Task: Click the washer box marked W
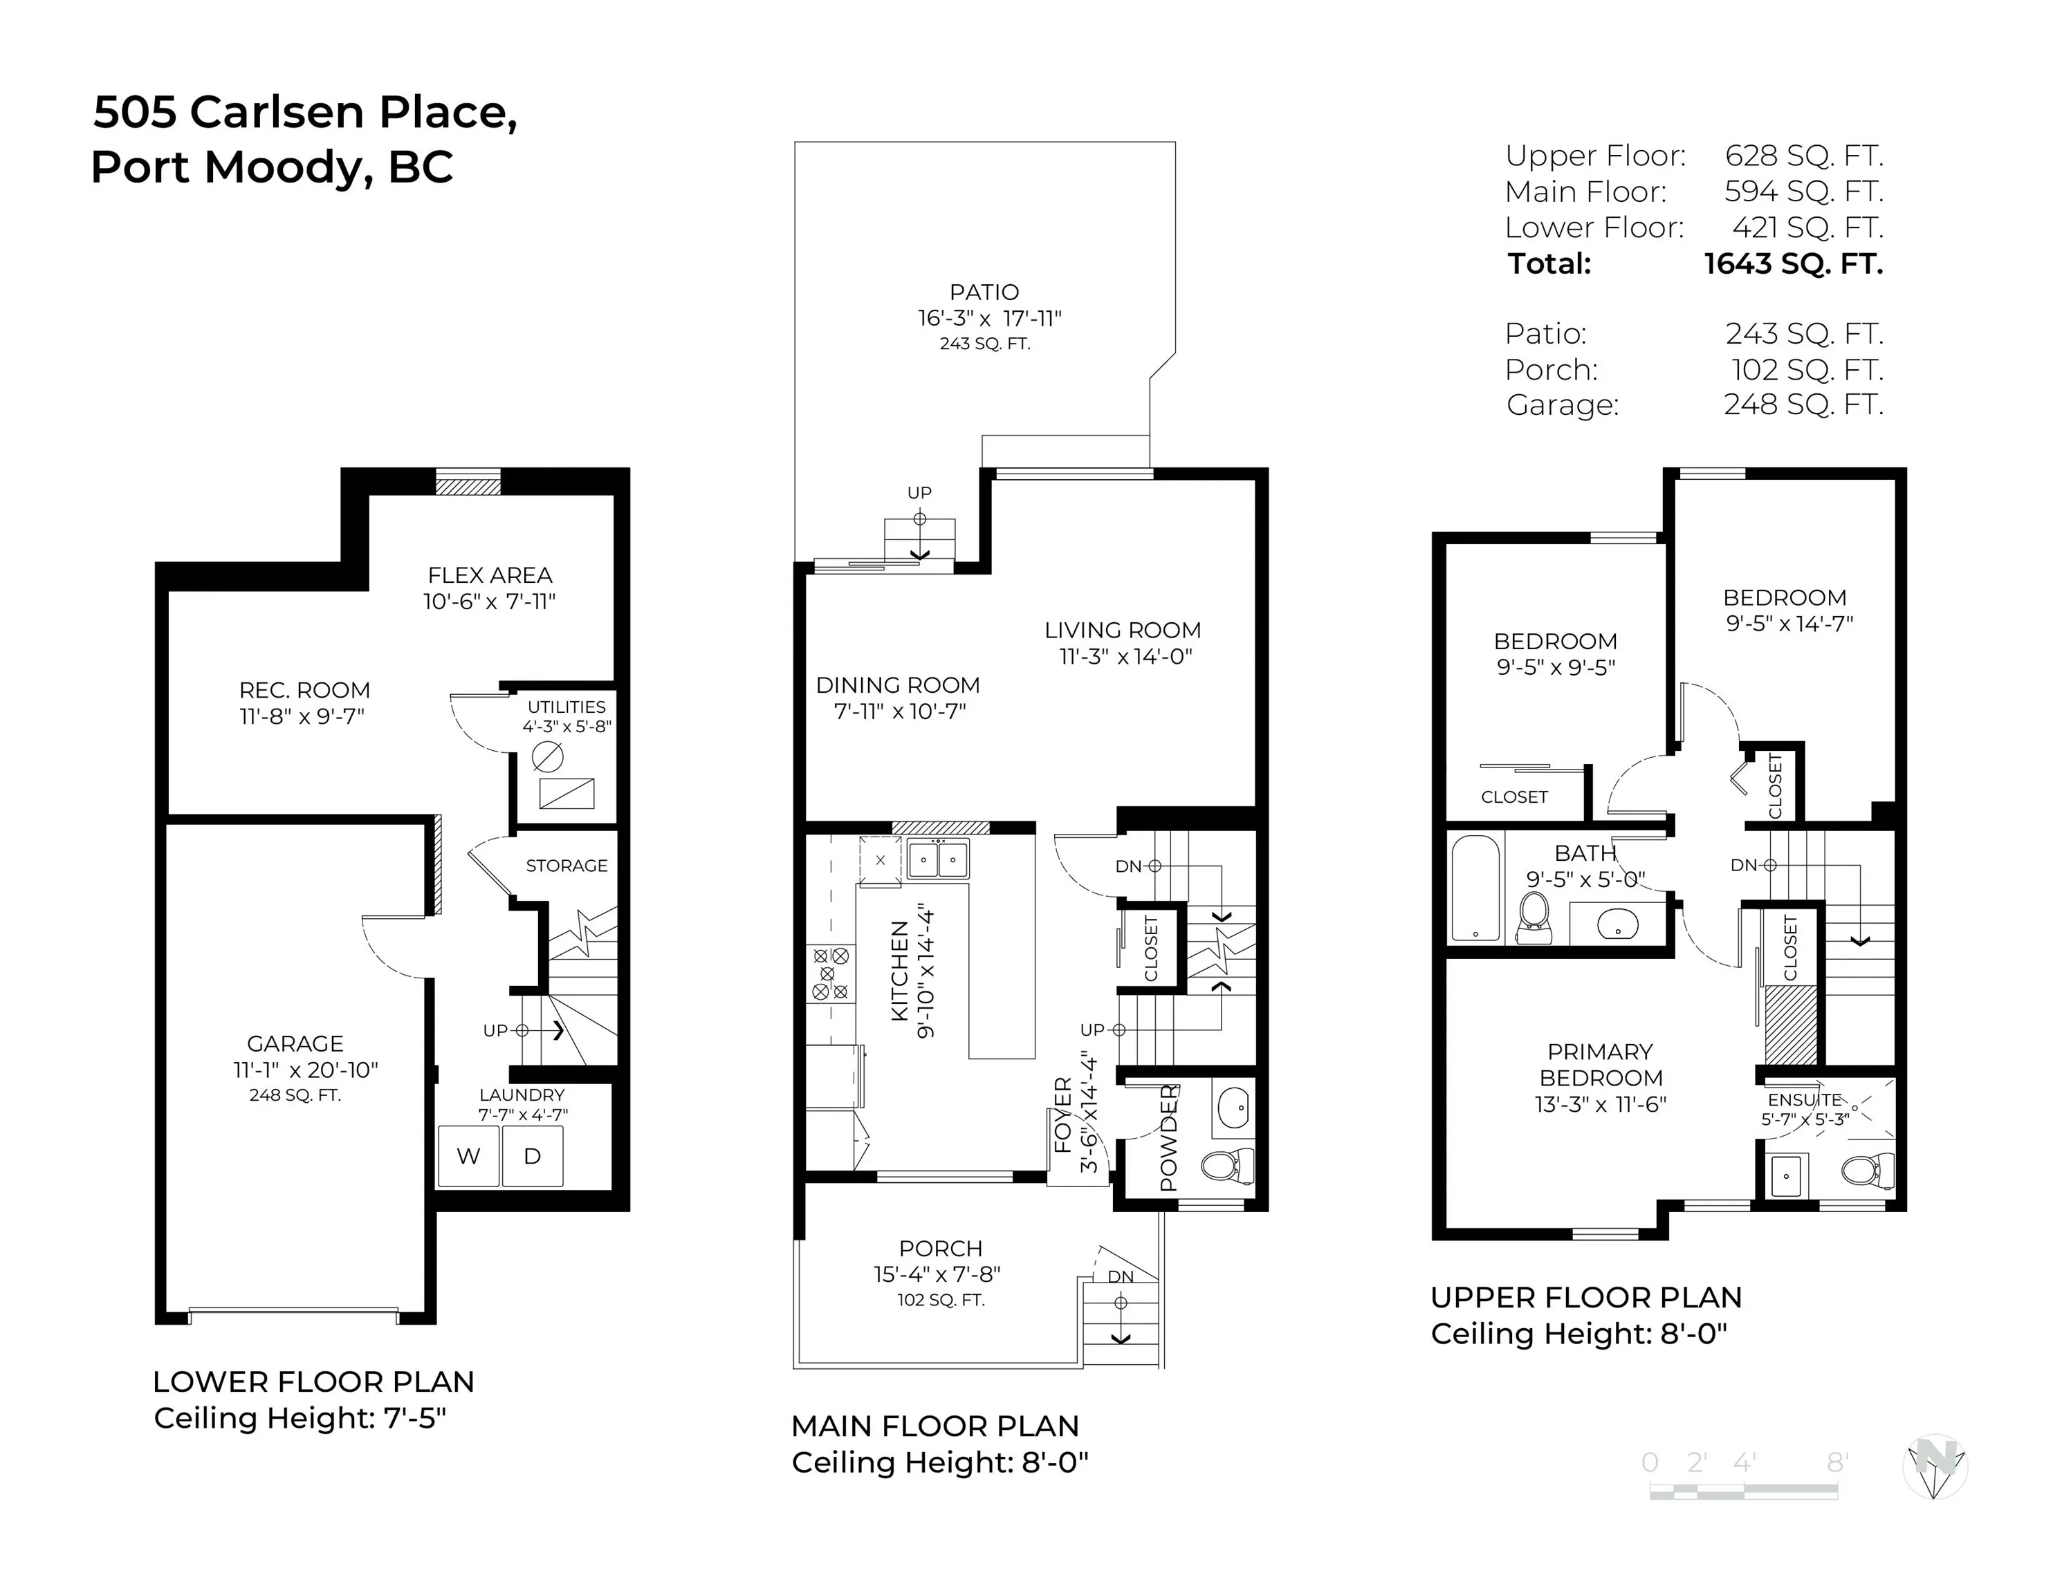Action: point(468,1156)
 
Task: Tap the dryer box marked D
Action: point(533,1156)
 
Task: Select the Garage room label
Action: point(295,1044)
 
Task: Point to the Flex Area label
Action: point(489,576)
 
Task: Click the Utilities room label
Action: point(567,707)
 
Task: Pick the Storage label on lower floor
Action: point(567,866)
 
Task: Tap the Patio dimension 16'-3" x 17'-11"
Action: point(988,319)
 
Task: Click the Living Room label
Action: point(1123,631)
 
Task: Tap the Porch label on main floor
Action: point(940,1249)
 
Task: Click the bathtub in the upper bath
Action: point(1475,888)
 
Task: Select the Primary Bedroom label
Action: point(1601,1065)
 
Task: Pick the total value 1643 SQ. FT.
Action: point(1793,264)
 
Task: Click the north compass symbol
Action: point(1933,1466)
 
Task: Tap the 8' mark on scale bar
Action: point(1837,1463)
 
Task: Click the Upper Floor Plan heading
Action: point(1586,1298)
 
